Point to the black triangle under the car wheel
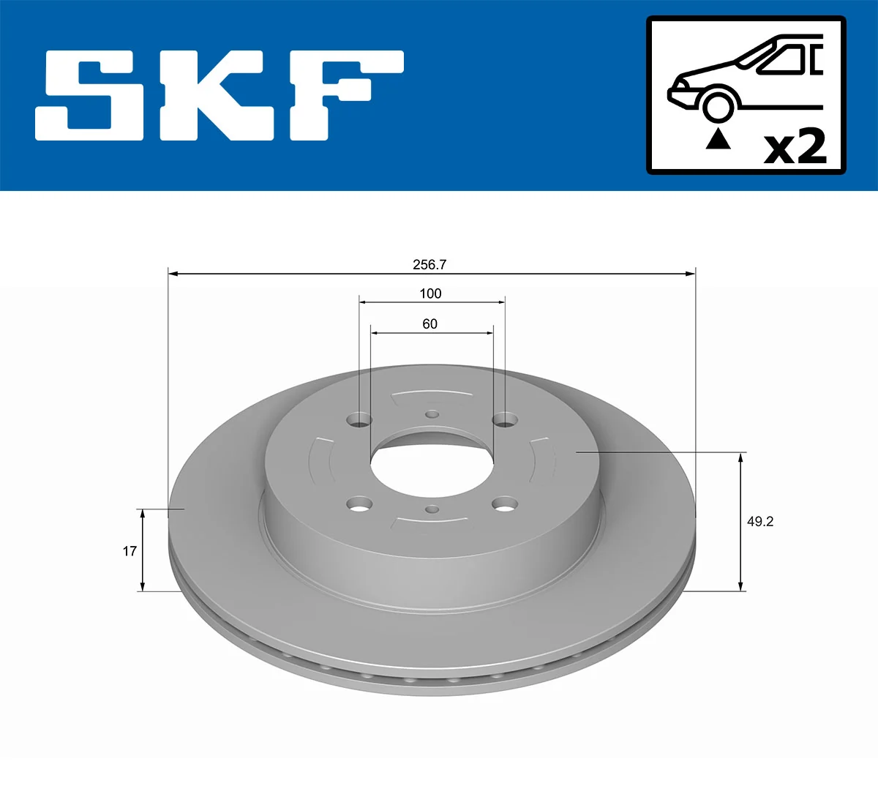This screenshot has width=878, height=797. pyautogui.click(x=718, y=138)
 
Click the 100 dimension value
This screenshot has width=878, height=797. pyautogui.click(x=430, y=293)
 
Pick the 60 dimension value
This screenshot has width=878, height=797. pyautogui.click(x=429, y=323)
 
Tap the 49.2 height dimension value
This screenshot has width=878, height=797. pyautogui.click(x=759, y=521)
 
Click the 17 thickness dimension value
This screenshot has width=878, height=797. pyautogui.click(x=130, y=550)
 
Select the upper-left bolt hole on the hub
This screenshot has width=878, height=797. pyautogui.click(x=359, y=419)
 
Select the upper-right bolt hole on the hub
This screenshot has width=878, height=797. pyautogui.click(x=505, y=419)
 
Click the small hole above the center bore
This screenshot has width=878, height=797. pyautogui.click(x=432, y=414)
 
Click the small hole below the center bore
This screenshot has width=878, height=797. pyautogui.click(x=432, y=509)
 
